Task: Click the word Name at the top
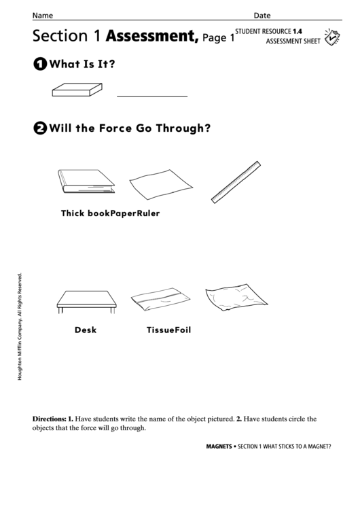tap(43, 15)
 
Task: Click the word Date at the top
tap(262, 15)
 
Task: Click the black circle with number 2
tap(39, 127)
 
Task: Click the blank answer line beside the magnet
tap(151, 96)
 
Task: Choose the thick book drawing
tap(86, 181)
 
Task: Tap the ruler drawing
tap(236, 181)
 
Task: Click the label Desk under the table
tap(86, 330)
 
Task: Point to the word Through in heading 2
tap(181, 127)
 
